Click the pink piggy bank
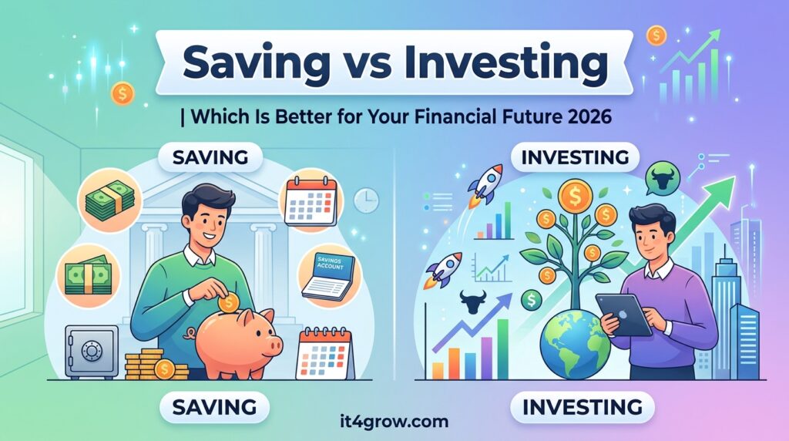(237, 342)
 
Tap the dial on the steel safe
(91, 350)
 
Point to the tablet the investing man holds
(623, 314)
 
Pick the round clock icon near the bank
(366, 200)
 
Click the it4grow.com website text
(394, 420)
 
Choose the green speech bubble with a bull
(663, 179)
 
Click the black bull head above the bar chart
(473, 301)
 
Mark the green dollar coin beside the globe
(531, 301)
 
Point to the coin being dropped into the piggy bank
(228, 302)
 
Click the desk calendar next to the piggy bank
(324, 352)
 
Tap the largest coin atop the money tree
(575, 197)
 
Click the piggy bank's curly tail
(191, 333)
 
